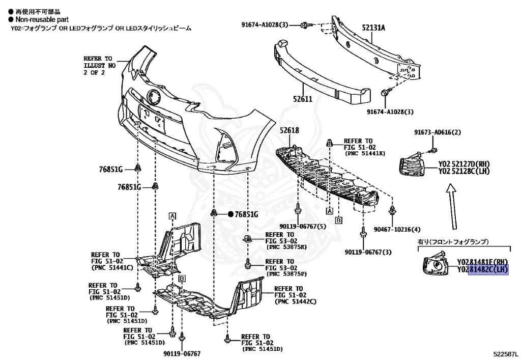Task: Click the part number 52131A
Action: tap(373, 28)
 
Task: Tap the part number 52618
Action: tap(289, 130)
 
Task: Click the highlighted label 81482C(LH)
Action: tap(488, 269)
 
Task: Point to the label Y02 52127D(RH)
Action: tap(464, 163)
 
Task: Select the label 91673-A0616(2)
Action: tap(437, 133)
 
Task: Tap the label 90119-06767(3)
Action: tap(368, 252)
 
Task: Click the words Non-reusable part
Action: tap(39, 19)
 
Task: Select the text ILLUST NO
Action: tap(100, 66)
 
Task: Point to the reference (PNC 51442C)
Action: tap(295, 301)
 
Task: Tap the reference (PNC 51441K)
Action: tap(365, 153)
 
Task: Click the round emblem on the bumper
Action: tap(153, 96)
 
